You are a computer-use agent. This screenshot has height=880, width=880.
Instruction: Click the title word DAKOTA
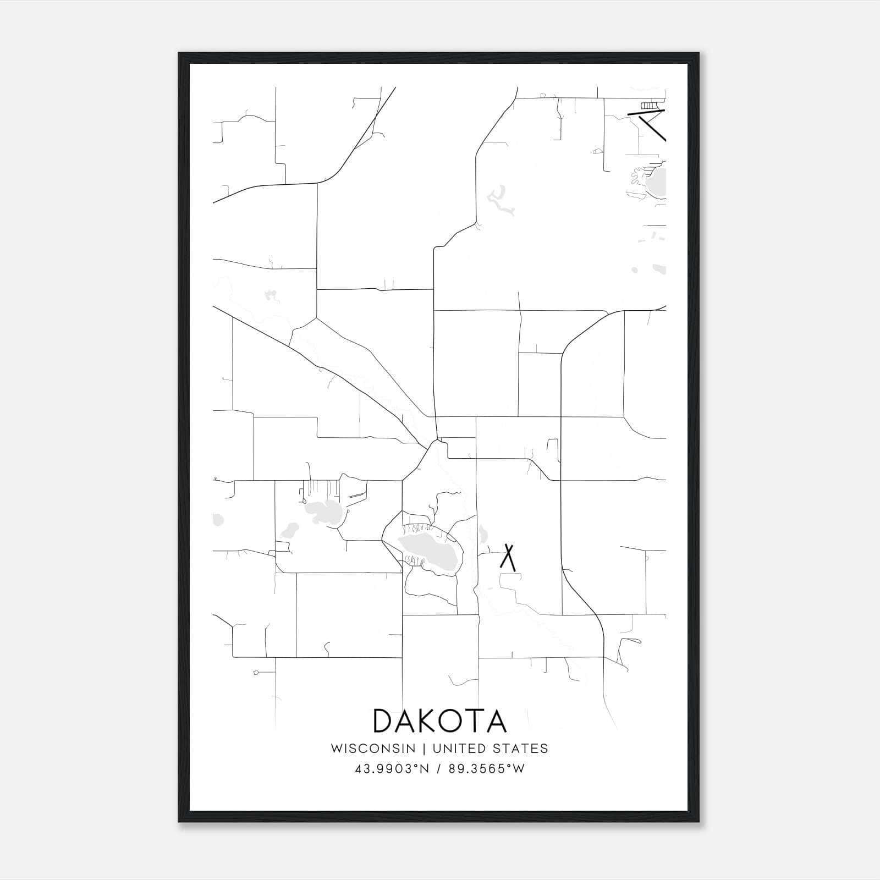point(439,721)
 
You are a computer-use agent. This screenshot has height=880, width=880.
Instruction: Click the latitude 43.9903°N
point(391,768)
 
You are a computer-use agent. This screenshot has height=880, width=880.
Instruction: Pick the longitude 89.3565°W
point(487,768)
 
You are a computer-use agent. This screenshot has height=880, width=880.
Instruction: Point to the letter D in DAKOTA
point(383,721)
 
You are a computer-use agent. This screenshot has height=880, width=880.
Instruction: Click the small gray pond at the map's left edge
point(218,519)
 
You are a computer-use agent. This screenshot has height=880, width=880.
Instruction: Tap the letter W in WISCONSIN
point(337,749)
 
